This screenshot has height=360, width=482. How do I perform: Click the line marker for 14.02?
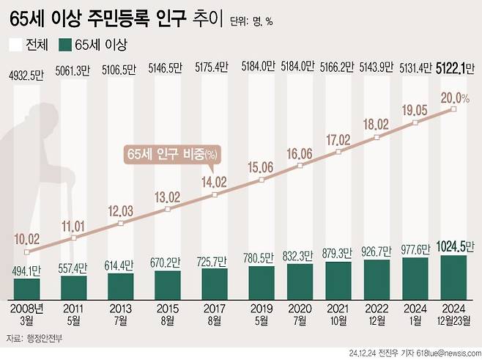(x=215, y=194)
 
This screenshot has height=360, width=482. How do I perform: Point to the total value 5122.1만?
(x=453, y=68)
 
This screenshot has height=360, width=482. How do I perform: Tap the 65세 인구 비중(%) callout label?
(x=172, y=155)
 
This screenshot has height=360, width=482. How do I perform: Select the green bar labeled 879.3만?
(x=338, y=276)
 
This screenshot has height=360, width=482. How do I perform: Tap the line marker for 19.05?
(x=416, y=123)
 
